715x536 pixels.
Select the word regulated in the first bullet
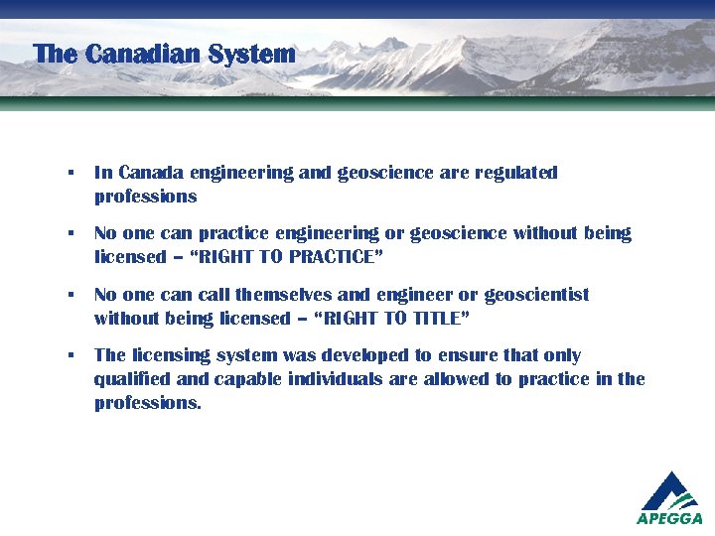(x=516, y=173)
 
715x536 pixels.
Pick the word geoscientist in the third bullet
(x=536, y=295)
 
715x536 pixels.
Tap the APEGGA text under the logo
(x=669, y=518)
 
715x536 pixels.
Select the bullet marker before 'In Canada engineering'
(x=71, y=173)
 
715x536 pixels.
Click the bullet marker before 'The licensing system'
(x=71, y=355)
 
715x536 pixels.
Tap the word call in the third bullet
(x=213, y=295)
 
